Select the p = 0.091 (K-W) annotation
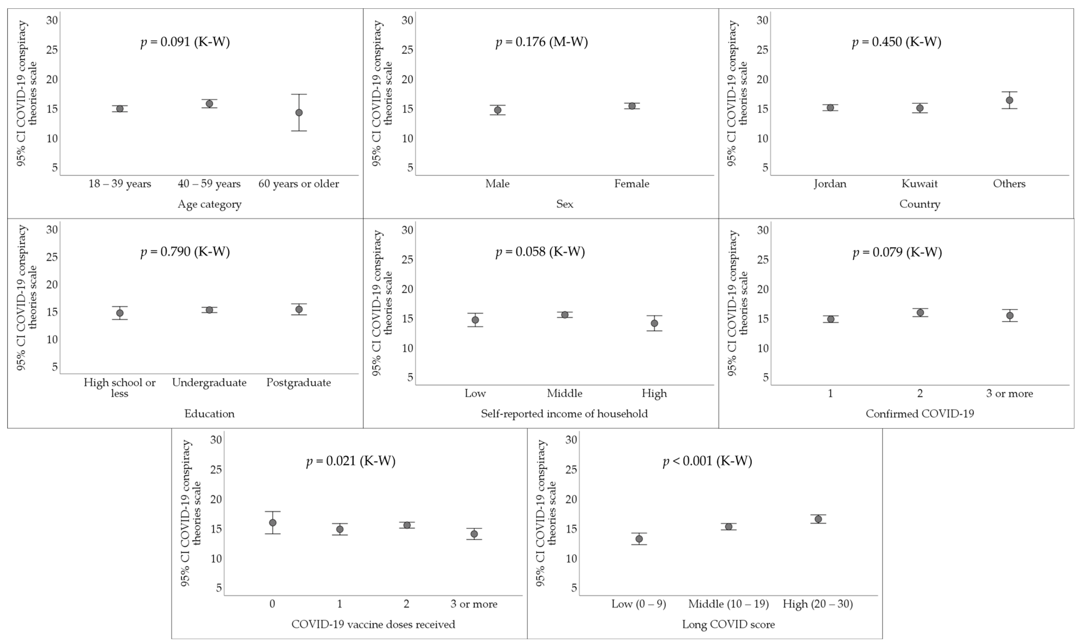coord(185,42)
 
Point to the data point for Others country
coord(1009,100)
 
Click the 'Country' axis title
coord(919,204)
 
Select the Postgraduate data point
coord(299,309)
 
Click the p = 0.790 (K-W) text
coord(185,252)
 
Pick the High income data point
coord(654,323)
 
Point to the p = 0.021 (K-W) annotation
coord(351,461)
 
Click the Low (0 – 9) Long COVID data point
coord(639,539)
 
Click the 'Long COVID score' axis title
coord(728,625)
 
